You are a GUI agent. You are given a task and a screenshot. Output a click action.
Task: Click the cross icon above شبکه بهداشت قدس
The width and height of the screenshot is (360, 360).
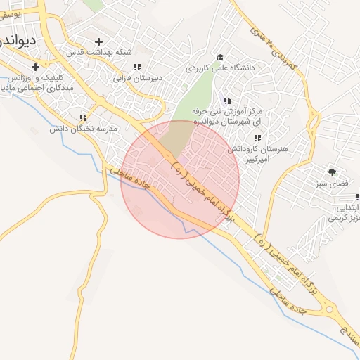[98, 41]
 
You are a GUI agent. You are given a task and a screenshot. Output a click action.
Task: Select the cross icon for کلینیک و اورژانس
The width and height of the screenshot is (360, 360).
[35, 67]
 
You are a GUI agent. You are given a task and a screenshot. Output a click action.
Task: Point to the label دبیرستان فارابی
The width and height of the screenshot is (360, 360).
[133, 78]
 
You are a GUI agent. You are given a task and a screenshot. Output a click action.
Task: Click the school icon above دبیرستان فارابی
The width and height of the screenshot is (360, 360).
[136, 67]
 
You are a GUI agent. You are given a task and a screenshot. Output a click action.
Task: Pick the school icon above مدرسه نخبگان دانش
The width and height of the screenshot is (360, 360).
[83, 117]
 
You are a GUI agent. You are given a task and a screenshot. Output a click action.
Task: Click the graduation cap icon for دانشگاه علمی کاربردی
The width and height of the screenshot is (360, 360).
[220, 57]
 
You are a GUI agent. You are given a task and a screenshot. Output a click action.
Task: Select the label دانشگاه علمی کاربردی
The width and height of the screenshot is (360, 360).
[218, 69]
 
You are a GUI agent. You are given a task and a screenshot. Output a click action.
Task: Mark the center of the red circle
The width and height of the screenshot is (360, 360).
[180, 179]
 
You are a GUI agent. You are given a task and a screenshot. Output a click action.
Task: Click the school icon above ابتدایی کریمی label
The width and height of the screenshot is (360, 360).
[354, 196]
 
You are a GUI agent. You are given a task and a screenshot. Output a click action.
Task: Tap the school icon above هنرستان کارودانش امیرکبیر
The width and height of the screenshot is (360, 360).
[257, 138]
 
